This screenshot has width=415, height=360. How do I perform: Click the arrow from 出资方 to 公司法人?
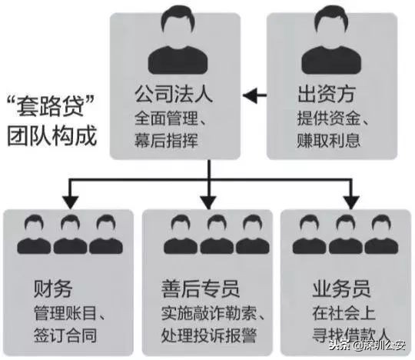click(x=254, y=97)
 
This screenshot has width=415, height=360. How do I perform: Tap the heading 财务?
click(x=52, y=289)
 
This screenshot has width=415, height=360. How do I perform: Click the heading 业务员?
click(x=342, y=289)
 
